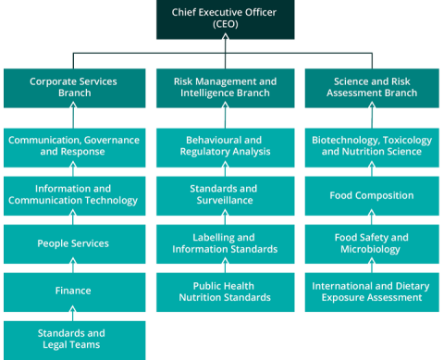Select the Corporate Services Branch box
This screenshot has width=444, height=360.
click(x=73, y=88)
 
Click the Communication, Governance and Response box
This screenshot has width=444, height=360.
click(x=73, y=146)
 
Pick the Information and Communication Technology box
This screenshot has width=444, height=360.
click(x=73, y=194)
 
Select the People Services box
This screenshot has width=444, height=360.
click(x=73, y=243)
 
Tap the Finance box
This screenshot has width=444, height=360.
click(x=73, y=291)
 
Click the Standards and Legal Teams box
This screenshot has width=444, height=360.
click(x=73, y=339)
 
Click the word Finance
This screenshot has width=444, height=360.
click(x=73, y=291)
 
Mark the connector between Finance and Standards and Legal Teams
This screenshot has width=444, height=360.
click(x=73, y=316)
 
